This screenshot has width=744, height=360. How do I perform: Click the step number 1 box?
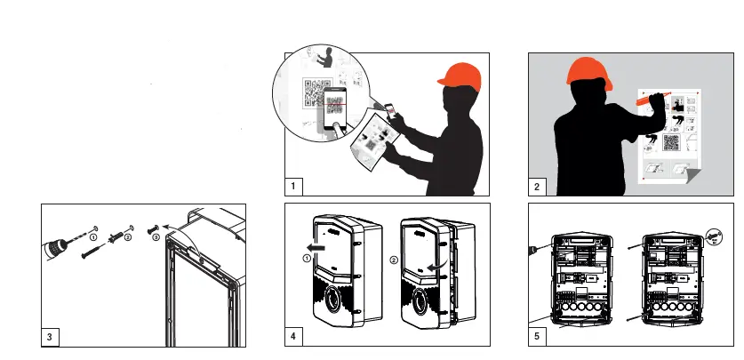click(x=292, y=186)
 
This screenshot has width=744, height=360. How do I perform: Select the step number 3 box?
click(x=52, y=337)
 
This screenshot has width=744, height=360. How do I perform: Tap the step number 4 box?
click(x=292, y=337)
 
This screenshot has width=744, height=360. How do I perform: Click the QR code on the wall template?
click(x=670, y=142)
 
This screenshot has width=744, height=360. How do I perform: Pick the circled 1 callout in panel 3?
click(x=92, y=237)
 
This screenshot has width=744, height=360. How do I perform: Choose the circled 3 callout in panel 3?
click(x=156, y=237)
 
